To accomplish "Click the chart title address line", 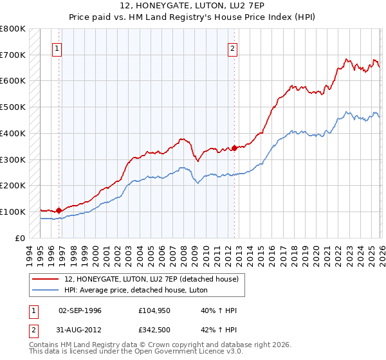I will coord(192,6).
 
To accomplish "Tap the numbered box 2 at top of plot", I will coord(232,47).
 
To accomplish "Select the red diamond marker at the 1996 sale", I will coord(59,210).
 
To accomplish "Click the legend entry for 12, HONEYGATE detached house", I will coord(151,279).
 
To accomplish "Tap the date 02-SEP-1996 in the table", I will coord(80,310).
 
